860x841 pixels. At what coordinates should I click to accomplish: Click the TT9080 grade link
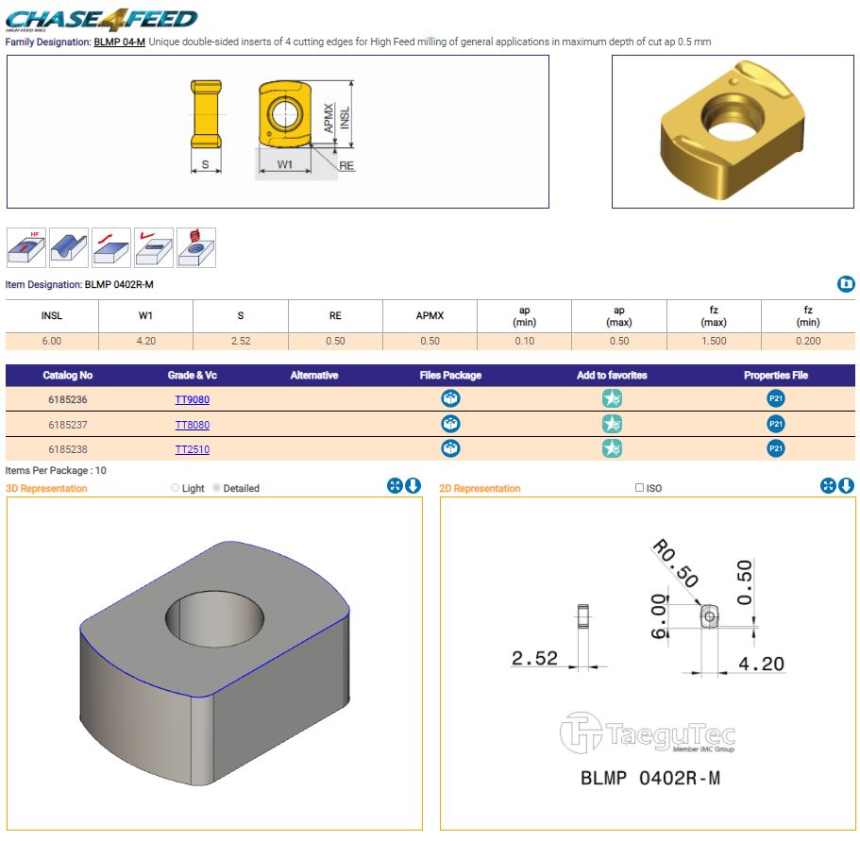click(192, 399)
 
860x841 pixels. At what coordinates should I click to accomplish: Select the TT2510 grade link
click(192, 449)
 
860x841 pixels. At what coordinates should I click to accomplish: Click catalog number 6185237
click(67, 425)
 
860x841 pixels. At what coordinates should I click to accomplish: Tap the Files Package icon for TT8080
click(450, 424)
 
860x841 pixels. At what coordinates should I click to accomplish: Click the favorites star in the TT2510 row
click(612, 448)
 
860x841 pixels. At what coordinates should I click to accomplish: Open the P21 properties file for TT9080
click(776, 398)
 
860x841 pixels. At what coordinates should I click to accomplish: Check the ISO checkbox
click(639, 487)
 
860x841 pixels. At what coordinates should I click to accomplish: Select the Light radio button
click(175, 487)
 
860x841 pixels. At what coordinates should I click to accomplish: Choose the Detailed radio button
click(216, 487)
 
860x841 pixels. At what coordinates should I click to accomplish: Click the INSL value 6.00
click(52, 341)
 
